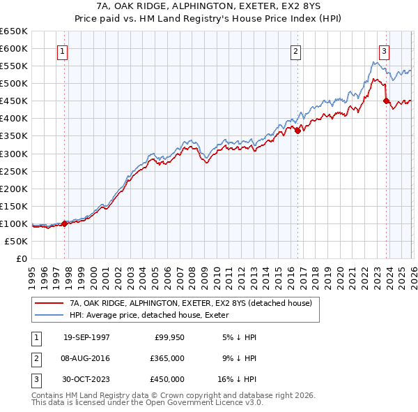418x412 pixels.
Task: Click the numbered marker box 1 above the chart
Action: (63, 50)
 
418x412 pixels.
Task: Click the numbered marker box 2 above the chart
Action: (295, 50)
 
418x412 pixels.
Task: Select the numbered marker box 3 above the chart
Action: (384, 50)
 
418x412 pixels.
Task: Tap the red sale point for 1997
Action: (65, 223)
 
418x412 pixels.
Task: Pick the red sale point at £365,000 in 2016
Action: (297, 130)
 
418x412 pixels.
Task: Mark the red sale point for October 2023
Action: (387, 101)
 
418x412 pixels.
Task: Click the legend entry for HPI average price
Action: (154, 316)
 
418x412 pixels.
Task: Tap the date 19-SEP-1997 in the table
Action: (86, 337)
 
